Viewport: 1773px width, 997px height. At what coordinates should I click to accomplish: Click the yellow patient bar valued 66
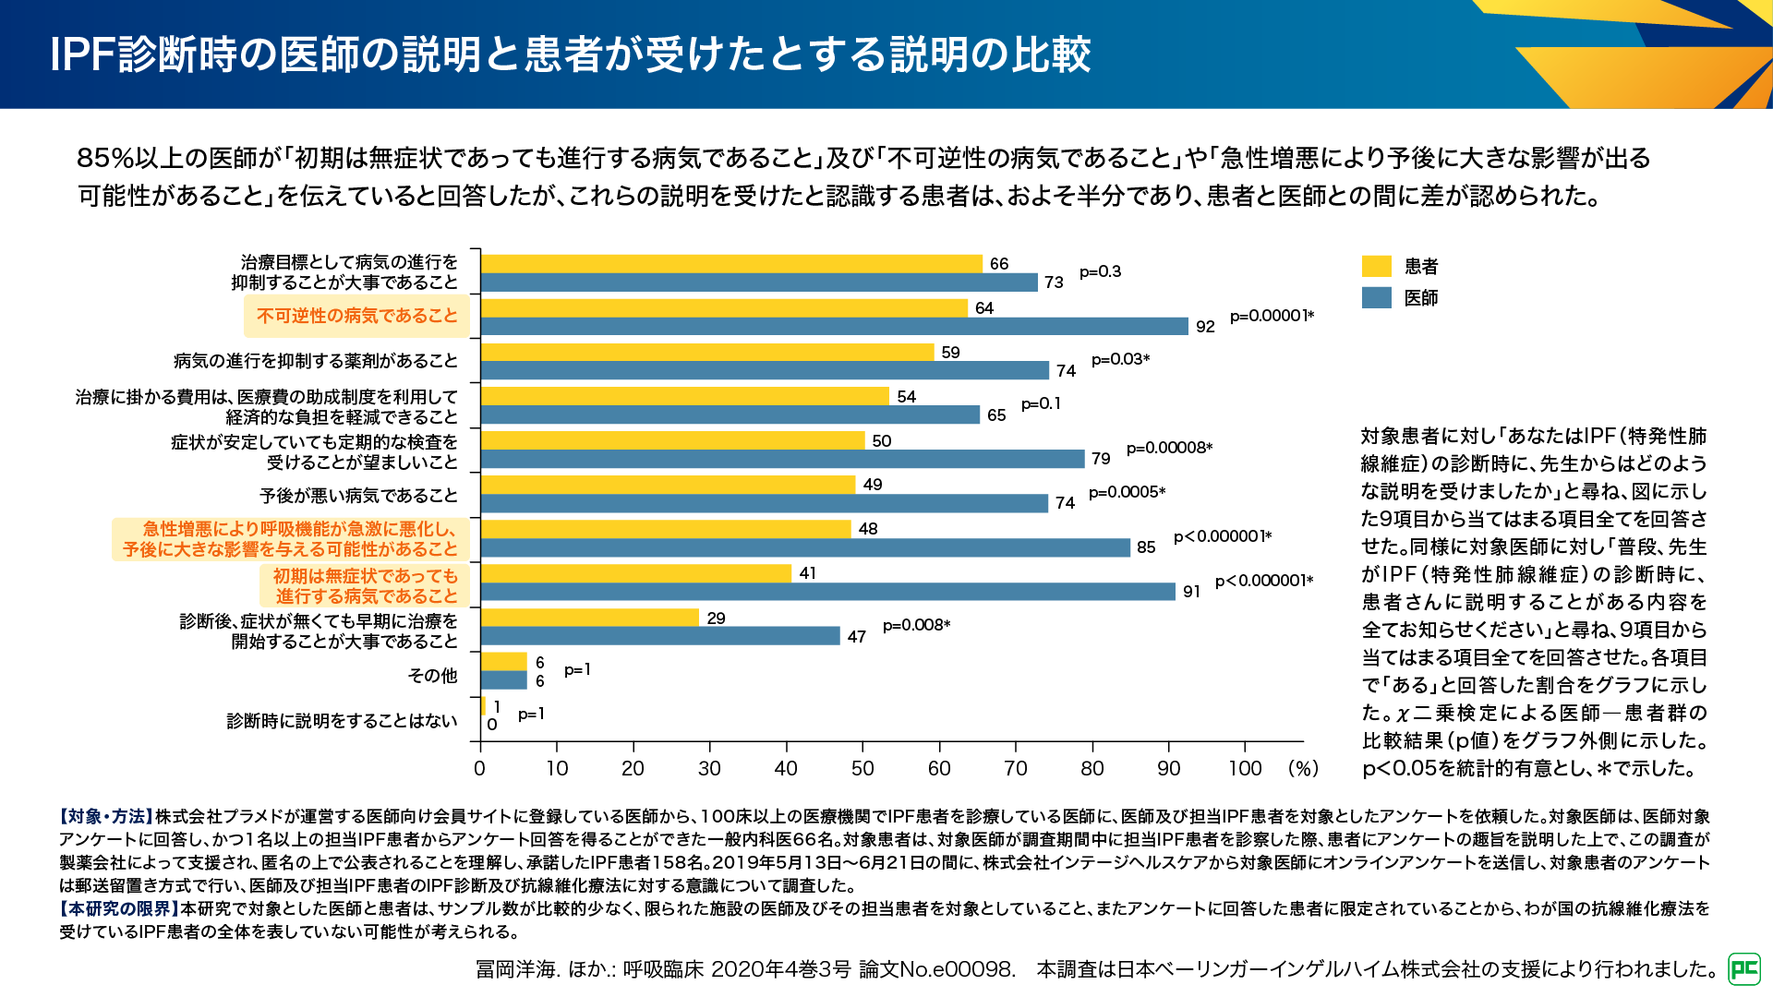click(x=731, y=264)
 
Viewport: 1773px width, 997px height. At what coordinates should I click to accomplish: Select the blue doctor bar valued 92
click(x=834, y=327)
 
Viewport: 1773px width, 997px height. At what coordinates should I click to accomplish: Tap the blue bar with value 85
click(x=805, y=547)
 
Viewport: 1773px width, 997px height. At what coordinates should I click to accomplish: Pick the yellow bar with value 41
click(x=636, y=573)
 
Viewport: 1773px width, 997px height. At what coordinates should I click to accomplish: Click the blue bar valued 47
click(x=660, y=636)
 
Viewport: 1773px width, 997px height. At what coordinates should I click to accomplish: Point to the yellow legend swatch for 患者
click(x=1376, y=267)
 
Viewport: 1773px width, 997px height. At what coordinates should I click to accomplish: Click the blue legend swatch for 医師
click(x=1376, y=298)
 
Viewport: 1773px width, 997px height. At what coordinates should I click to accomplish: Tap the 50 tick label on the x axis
click(x=862, y=768)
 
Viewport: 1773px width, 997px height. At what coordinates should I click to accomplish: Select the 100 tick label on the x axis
click(x=1245, y=768)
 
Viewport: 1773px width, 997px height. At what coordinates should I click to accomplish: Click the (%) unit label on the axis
click(x=1303, y=768)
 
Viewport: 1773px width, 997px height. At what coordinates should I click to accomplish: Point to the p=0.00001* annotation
click(x=1272, y=316)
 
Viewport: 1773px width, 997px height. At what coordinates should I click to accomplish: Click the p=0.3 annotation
click(x=1100, y=271)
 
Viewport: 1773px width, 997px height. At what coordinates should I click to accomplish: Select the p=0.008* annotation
click(x=916, y=625)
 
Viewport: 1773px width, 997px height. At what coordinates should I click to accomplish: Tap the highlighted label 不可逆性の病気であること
click(x=357, y=317)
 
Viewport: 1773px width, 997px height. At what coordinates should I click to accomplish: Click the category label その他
click(x=432, y=676)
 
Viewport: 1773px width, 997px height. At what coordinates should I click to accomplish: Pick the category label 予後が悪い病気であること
click(x=358, y=496)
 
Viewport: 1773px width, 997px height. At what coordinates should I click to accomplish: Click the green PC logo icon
click(x=1744, y=968)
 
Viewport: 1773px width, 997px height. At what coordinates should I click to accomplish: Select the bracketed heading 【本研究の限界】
click(x=119, y=909)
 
